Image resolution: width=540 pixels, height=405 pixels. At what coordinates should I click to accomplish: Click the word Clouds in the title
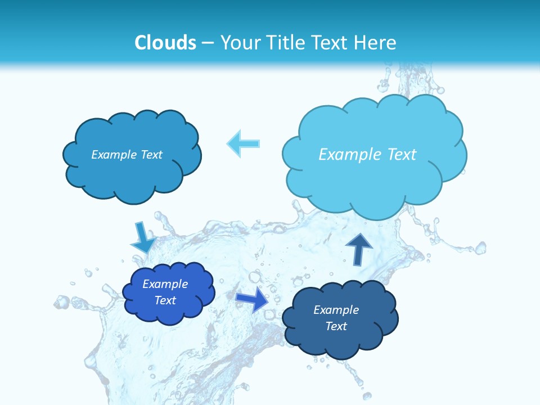(165, 43)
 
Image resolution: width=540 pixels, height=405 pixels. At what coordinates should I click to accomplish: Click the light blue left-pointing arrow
(243, 143)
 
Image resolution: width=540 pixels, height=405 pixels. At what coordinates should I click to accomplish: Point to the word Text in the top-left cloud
(151, 155)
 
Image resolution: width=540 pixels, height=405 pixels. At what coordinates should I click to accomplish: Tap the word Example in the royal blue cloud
(165, 284)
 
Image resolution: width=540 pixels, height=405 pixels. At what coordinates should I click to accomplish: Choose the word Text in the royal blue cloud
(165, 300)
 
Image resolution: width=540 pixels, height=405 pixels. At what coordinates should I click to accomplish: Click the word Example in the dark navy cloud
(336, 310)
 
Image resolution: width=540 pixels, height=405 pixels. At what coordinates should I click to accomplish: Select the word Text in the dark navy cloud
(336, 326)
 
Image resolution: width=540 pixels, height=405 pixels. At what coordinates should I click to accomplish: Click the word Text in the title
(328, 43)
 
